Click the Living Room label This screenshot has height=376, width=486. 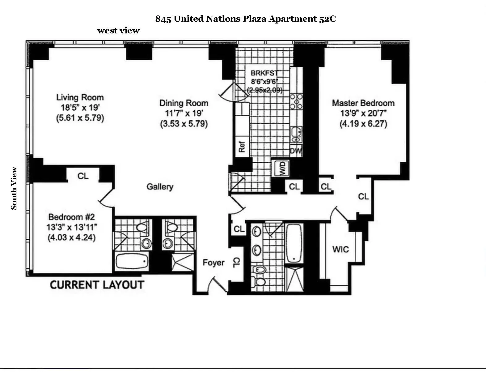point(80,97)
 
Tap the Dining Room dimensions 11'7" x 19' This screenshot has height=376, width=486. point(184,113)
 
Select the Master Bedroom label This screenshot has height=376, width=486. point(363,103)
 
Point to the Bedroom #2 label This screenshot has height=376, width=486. point(71,217)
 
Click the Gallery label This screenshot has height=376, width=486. point(160,186)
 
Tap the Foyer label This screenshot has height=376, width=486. point(213,263)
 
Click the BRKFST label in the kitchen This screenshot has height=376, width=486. point(264,73)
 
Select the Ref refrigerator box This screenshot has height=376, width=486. point(242,147)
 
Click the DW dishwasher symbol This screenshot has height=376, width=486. point(296,152)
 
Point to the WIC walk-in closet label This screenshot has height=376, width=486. point(340,249)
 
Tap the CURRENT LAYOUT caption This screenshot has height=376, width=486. point(97,285)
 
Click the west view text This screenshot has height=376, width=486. point(118,31)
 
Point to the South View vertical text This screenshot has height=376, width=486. point(14,188)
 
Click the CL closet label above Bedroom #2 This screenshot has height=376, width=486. point(83,176)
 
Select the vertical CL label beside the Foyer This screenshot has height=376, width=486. point(236,263)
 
